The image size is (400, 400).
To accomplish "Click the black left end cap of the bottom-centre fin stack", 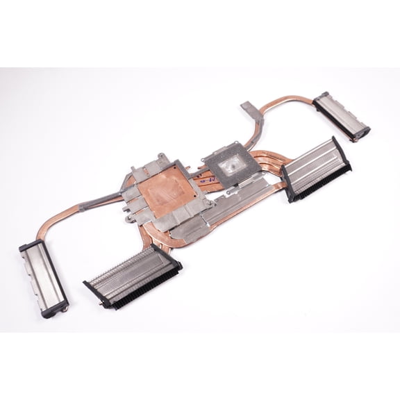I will [91, 285].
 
